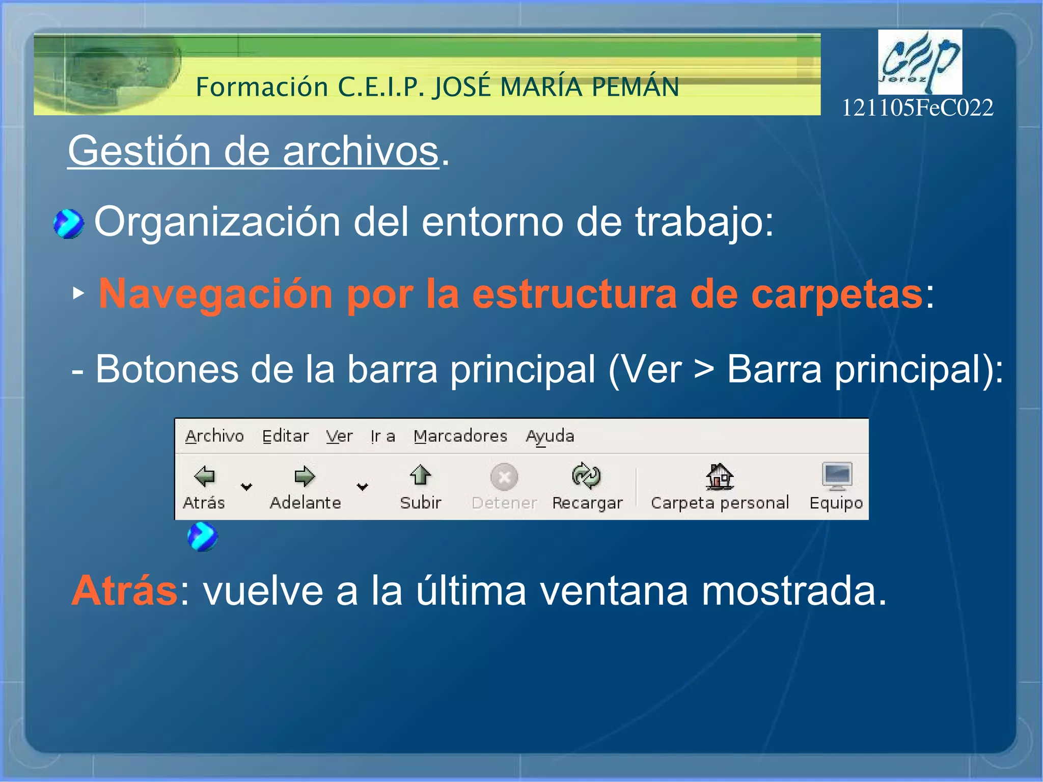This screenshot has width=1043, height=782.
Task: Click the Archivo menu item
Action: click(214, 436)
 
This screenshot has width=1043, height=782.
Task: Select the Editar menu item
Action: click(285, 436)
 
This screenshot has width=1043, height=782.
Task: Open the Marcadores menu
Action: click(460, 436)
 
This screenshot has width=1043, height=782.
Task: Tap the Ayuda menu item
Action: click(550, 437)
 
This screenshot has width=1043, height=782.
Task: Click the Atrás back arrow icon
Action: click(205, 476)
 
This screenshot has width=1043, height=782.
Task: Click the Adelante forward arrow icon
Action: click(305, 476)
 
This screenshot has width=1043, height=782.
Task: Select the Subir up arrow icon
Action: click(420, 475)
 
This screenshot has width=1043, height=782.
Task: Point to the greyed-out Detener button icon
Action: click(504, 477)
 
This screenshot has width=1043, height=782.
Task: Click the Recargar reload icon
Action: click(586, 476)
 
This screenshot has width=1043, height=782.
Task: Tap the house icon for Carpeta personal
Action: click(719, 476)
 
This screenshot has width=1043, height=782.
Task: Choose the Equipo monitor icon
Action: click(836, 476)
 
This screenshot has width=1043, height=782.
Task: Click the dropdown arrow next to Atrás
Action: click(246, 487)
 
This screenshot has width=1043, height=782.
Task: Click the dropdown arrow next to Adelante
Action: click(362, 487)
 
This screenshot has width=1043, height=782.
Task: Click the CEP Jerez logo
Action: click(919, 62)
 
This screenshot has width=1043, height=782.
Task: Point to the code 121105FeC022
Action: click(917, 108)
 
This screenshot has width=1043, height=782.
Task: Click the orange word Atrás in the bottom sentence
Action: click(125, 591)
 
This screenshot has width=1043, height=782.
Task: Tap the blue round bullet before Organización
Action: click(69, 224)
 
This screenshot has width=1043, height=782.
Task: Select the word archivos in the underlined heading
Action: click(361, 151)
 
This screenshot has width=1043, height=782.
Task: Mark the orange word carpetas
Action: click(836, 294)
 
